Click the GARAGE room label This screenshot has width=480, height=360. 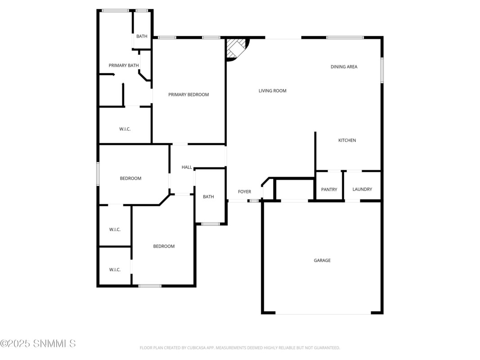point(322,261)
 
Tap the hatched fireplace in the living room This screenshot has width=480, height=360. point(236,48)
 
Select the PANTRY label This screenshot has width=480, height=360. point(329,189)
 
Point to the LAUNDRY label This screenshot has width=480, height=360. point(362,189)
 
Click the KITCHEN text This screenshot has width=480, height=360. point(347,140)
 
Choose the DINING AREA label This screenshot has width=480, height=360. point(344,67)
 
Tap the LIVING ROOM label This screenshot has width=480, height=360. point(273,91)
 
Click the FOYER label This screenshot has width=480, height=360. point(244,192)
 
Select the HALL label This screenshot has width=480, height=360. point(187,167)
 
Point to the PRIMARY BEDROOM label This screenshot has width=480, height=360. point(188,95)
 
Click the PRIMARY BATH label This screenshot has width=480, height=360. point(124,66)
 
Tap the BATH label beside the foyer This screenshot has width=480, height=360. point(208,197)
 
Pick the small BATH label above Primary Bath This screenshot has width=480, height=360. point(142,36)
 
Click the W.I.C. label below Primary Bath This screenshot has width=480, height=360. point(125,129)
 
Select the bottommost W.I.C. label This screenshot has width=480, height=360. point(115,270)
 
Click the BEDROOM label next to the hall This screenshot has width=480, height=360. point(130,179)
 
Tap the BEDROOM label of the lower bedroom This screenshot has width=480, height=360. point(164,247)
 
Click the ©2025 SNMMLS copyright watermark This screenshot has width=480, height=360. point(38,343)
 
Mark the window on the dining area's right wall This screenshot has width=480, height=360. point(382,70)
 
